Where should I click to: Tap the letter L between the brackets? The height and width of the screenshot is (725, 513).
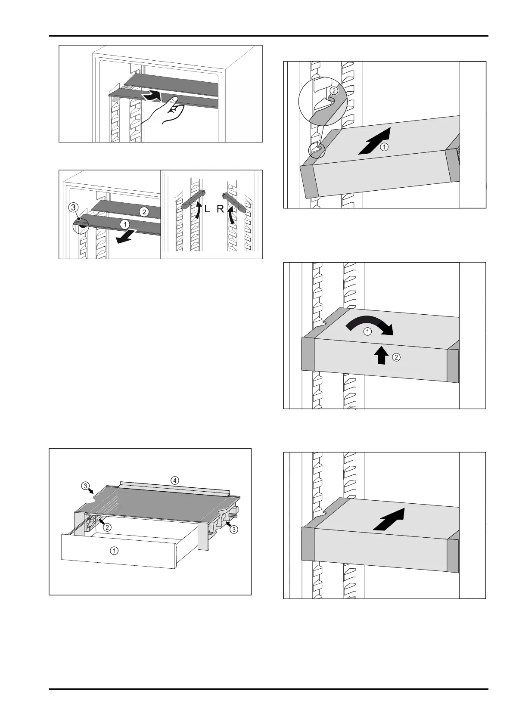[207, 210]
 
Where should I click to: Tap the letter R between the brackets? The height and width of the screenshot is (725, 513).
[220, 210]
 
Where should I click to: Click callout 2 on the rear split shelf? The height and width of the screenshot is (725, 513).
[144, 211]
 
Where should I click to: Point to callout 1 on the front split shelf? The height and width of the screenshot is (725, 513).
[124, 224]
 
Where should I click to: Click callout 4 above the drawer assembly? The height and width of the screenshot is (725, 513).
[174, 480]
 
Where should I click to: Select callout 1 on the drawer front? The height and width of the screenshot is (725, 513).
[114, 550]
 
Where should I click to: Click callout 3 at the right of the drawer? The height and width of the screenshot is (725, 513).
[233, 529]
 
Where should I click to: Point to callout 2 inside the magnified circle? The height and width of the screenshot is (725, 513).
[333, 91]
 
